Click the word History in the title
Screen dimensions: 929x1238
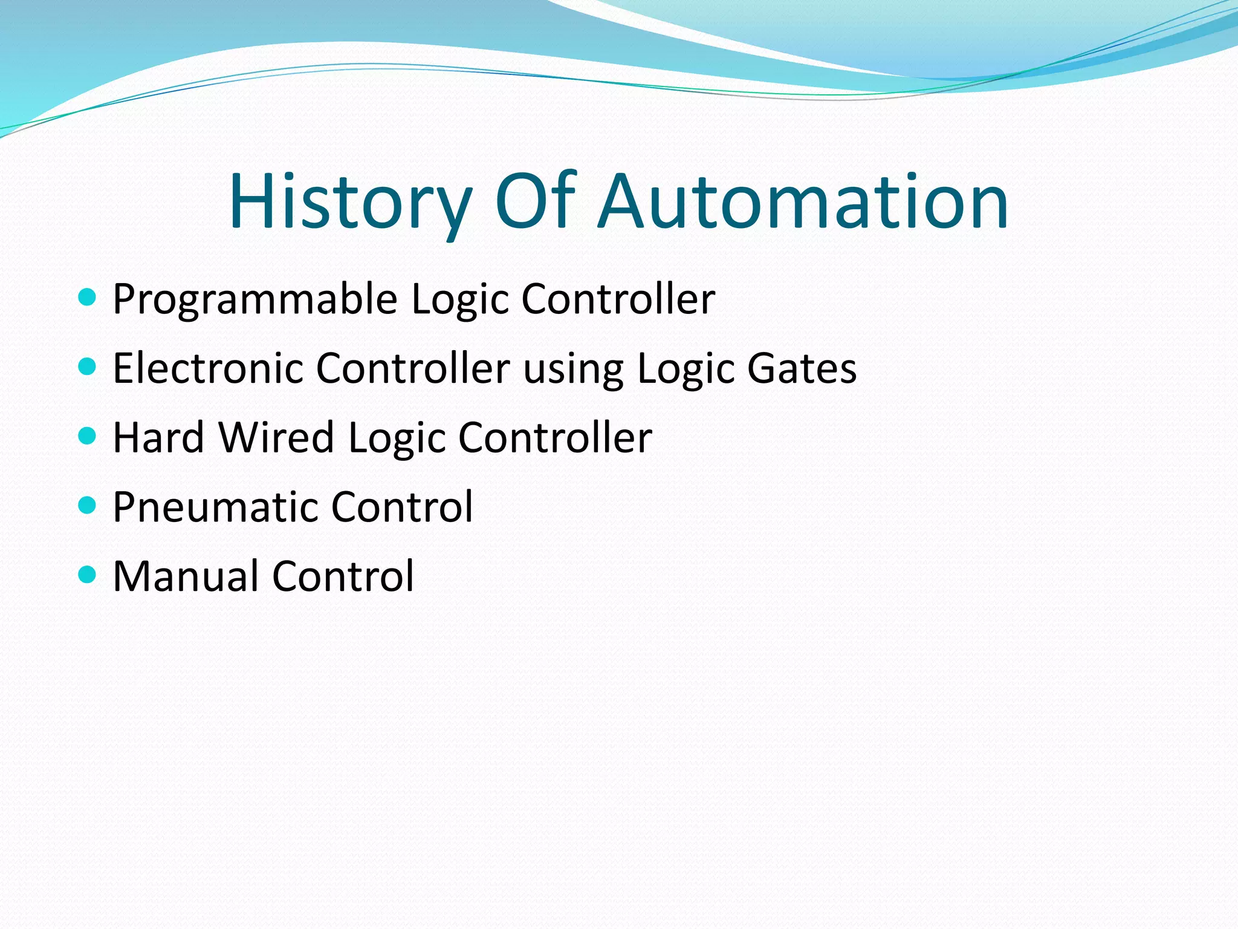point(350,203)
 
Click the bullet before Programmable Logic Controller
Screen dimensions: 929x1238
point(88,297)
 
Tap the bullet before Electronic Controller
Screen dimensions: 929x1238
point(88,366)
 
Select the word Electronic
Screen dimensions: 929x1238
point(207,368)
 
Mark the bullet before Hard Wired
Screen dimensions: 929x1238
point(88,435)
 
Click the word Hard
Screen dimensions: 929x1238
point(158,437)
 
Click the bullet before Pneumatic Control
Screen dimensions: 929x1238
point(88,504)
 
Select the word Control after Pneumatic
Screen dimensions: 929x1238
point(402,507)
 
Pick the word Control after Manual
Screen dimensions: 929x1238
point(343,576)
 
